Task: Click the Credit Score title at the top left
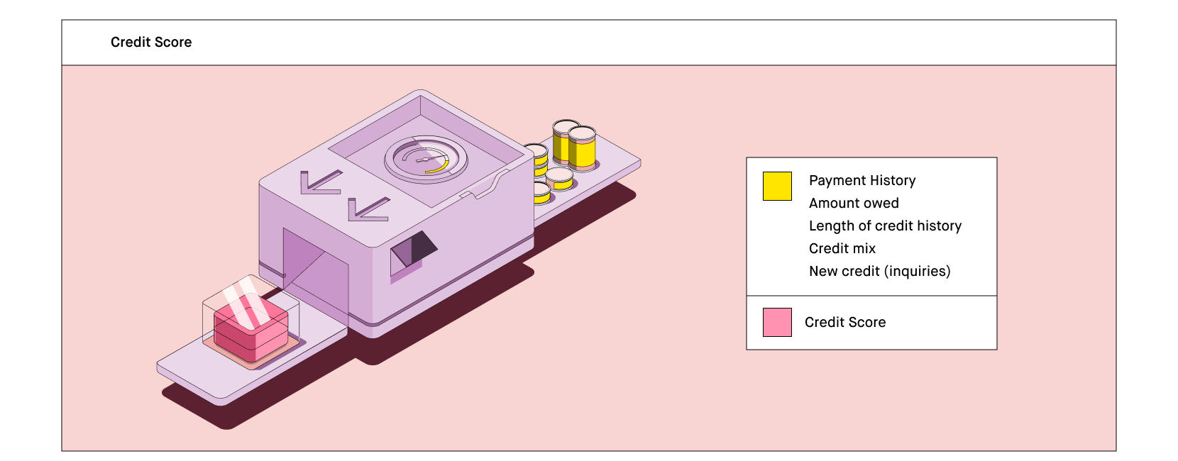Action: pos(151,42)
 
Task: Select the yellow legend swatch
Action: pos(777,186)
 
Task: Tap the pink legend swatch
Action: pos(777,322)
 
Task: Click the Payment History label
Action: pos(862,180)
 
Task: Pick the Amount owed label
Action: pos(854,203)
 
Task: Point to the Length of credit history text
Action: pos(885,226)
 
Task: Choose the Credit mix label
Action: pos(842,248)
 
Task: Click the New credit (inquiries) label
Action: pos(879,271)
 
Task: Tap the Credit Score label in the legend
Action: pos(845,322)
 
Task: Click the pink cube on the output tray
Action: pos(251,330)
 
